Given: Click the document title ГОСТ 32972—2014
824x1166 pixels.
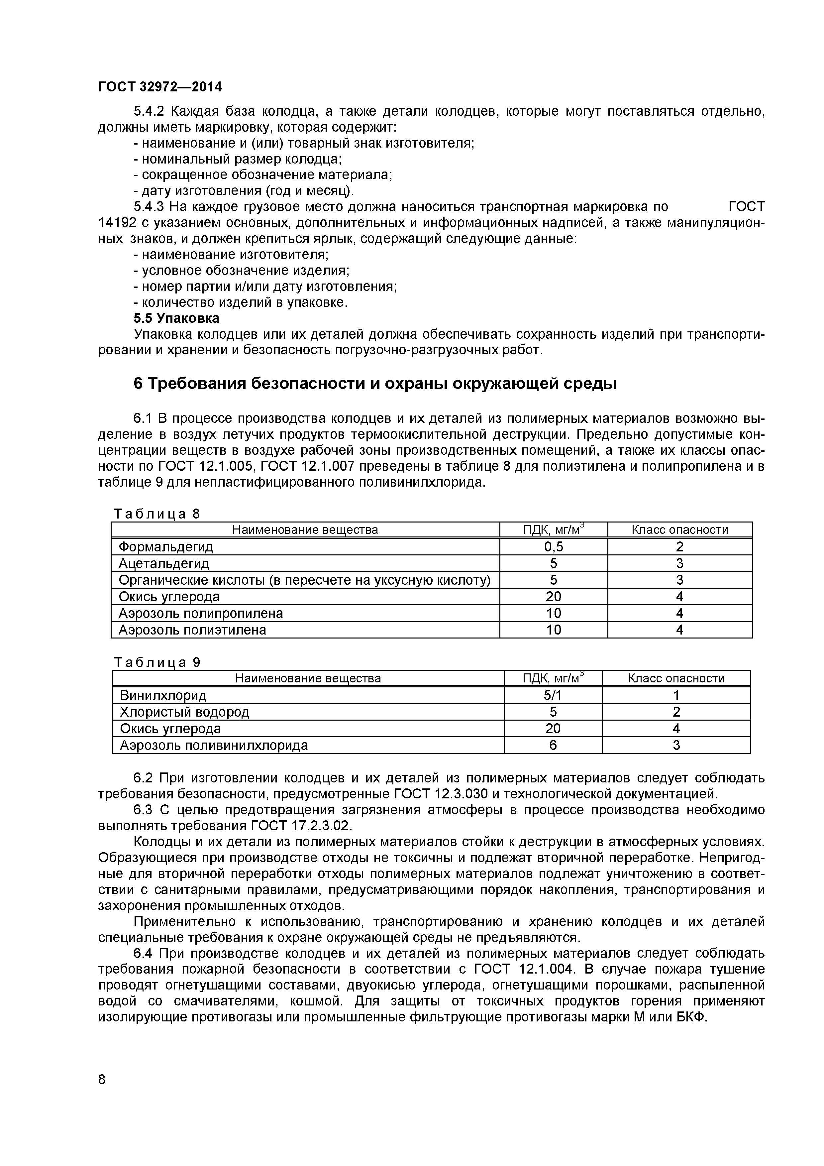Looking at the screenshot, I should pos(160,87).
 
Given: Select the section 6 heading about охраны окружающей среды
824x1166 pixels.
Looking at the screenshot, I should pos(375,384).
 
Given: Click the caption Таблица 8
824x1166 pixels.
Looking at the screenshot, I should pos(157,514).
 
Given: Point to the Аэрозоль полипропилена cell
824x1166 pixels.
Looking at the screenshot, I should pos(201,614).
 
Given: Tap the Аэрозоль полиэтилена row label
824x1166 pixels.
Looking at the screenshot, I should pos(192,630).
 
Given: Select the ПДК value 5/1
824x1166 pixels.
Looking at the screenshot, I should pos(553,695).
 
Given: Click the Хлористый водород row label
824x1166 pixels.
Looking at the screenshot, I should pos(184,712).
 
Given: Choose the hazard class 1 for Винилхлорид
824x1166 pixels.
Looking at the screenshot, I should pos(676,695).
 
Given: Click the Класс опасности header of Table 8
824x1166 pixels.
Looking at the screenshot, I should pos(679,530).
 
